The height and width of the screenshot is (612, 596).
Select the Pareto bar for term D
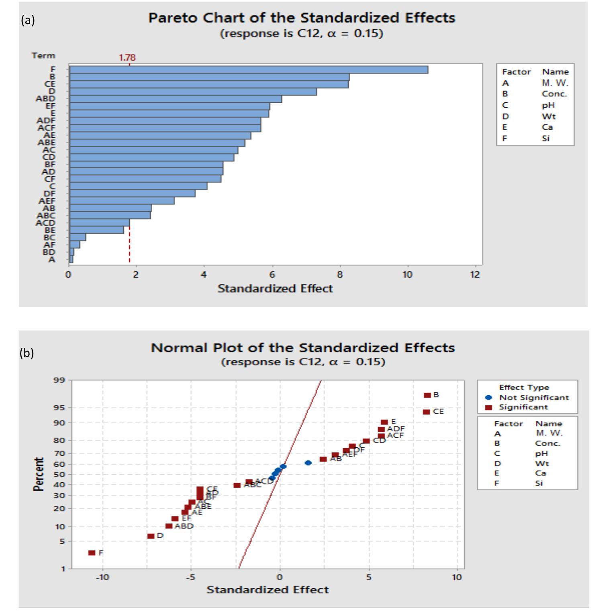[x=193, y=92]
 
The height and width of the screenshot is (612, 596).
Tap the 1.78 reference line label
[x=127, y=57]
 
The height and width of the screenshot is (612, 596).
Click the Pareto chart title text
[x=302, y=18]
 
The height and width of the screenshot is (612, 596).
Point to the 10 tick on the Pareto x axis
[x=407, y=275]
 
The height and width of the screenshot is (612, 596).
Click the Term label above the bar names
[x=43, y=55]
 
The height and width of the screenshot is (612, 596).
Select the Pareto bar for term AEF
[x=122, y=201]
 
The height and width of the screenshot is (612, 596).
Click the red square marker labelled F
[x=92, y=553]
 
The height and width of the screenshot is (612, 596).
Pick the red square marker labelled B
[x=427, y=396]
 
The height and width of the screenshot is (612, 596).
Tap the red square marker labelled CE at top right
[x=427, y=412]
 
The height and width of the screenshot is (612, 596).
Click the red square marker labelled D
[x=151, y=536]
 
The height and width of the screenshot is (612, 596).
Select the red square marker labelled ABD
[x=169, y=526]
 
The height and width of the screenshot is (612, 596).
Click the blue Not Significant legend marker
[x=488, y=398]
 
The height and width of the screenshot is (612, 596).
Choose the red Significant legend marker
[x=488, y=407]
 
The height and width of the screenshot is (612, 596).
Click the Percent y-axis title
[x=39, y=474]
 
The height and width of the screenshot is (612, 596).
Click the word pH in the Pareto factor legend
[x=548, y=105]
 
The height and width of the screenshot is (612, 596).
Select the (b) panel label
[x=27, y=353]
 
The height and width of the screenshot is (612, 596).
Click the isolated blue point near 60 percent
[x=308, y=463]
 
